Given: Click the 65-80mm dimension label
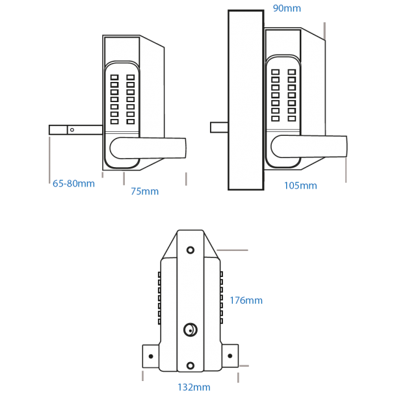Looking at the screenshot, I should (x=73, y=183).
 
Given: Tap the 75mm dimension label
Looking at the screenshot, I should (x=144, y=192).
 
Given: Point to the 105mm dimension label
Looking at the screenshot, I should (x=300, y=186).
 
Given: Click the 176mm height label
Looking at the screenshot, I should (x=246, y=300).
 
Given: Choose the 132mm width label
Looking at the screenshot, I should (x=193, y=388).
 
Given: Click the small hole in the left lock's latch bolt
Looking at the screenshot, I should (x=72, y=130).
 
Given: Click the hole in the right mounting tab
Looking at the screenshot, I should (x=230, y=356).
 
